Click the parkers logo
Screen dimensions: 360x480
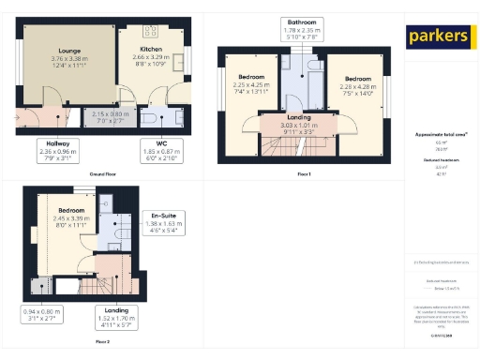pos(438,37)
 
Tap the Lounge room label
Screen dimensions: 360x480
pos(68,59)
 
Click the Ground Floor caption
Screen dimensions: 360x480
pos(103,174)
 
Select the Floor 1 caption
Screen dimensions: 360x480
pos(303,174)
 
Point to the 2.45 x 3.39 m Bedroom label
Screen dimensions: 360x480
pos(72,217)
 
